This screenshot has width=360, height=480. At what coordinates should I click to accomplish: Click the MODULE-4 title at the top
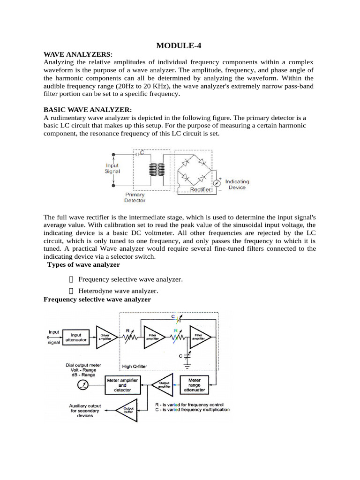pyautogui.click(x=180, y=45)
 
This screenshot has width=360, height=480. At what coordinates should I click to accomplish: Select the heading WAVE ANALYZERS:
pyautogui.click(x=78, y=55)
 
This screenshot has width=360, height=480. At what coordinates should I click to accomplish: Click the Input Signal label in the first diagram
pyautogui.click(x=112, y=168)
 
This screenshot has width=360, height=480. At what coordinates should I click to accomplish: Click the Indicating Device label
pyautogui.click(x=237, y=184)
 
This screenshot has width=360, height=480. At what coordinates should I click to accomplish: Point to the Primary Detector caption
pyautogui.click(x=135, y=197)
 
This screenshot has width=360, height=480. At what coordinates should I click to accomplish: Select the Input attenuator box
pyautogui.click(x=78, y=337)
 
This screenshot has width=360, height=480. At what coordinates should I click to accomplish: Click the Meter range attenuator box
pyautogui.click(x=194, y=384)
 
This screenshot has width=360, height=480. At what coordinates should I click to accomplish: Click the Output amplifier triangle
pyautogui.click(x=162, y=384)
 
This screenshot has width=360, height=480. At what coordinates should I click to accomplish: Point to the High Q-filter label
pyautogui.click(x=136, y=367)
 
